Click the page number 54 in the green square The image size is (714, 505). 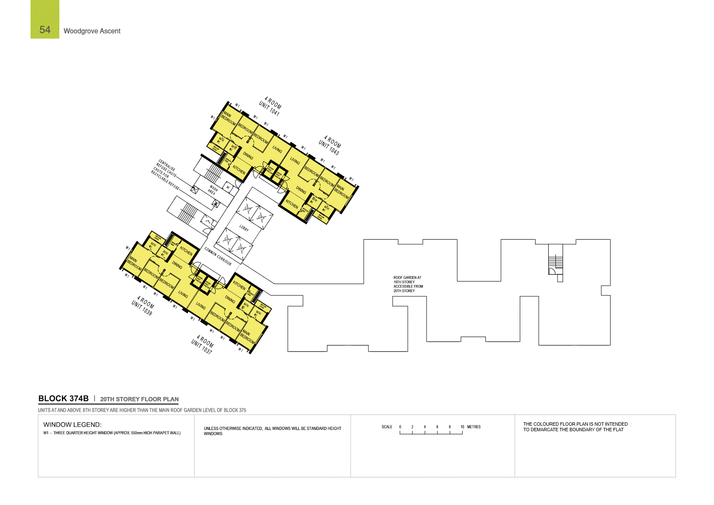point(45,30)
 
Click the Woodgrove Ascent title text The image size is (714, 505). point(92,31)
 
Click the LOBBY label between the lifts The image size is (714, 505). point(244,228)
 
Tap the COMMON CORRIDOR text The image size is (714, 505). point(218,256)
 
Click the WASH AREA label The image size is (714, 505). point(212,190)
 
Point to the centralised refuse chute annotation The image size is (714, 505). point(165,174)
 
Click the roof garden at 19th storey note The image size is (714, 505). point(407,284)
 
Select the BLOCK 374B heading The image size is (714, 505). point(63,399)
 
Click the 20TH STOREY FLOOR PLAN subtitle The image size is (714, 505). point(139,399)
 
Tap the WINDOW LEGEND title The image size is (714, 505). point(72,424)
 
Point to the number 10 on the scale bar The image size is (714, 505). point(462,427)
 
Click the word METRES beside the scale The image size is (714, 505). point(474,427)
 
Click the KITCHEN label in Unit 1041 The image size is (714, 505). point(239,170)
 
